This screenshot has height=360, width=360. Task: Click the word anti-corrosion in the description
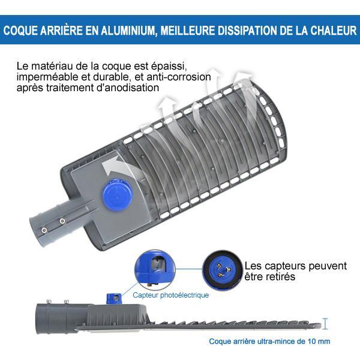pos(179,77)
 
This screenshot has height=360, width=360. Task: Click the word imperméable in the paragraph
pos(47,77)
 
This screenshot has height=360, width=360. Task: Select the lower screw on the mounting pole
pos(44,230)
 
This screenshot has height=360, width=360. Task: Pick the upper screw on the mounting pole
pos(62,221)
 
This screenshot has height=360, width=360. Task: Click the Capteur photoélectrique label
pos(171,295)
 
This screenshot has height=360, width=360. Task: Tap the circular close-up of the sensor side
pos(155,269)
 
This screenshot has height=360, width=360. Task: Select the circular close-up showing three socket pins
pos(223,270)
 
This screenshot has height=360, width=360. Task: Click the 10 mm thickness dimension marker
pos(325,324)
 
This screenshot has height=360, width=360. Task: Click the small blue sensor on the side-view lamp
pos(114,299)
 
